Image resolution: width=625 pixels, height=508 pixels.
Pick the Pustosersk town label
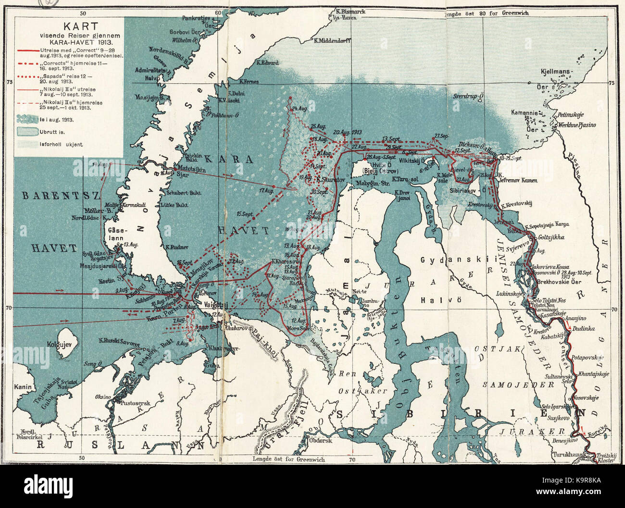[x=137, y=400]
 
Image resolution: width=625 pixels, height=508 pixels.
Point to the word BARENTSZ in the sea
[x=52, y=196]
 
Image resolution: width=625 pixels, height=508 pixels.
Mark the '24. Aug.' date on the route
[x=300, y=109]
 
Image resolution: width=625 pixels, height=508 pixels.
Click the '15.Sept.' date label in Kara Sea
[x=245, y=213]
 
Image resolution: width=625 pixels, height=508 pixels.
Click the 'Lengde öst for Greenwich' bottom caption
[x=288, y=459]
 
